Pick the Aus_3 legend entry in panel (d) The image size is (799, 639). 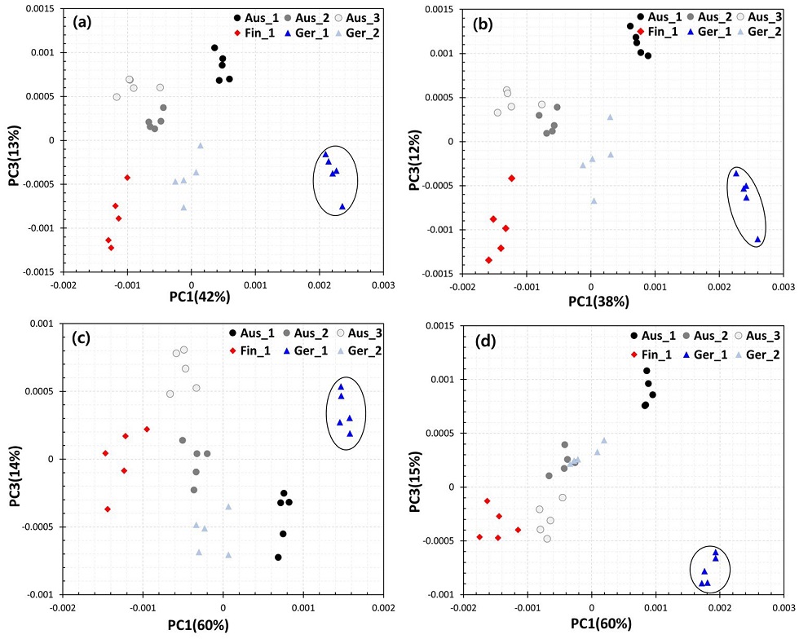[744, 335]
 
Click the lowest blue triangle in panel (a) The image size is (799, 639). [342, 207]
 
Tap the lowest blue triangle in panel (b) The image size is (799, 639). [757, 239]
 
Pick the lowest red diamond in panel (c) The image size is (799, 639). [108, 509]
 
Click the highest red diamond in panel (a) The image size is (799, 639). [127, 177]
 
